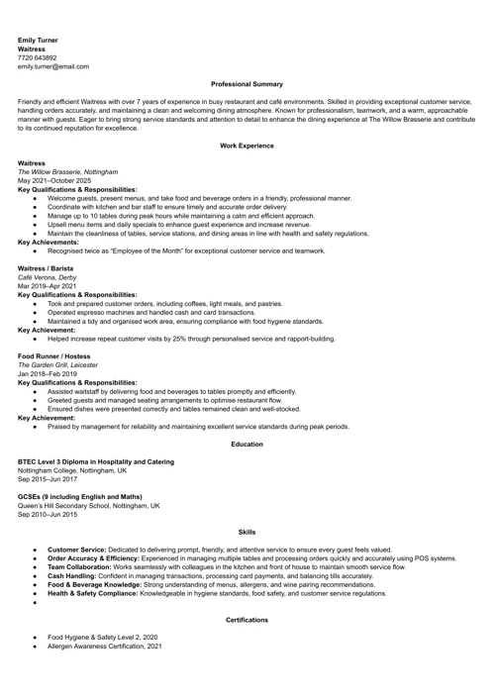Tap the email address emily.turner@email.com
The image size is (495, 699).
click(53, 66)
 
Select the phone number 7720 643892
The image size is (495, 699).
click(38, 57)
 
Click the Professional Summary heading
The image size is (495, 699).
click(247, 84)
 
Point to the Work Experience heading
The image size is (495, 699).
click(247, 146)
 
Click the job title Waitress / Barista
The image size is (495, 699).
click(49, 268)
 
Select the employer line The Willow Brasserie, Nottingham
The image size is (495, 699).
click(68, 171)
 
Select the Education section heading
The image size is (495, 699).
click(247, 444)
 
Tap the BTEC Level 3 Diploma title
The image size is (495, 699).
click(96, 461)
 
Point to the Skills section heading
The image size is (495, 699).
click(247, 532)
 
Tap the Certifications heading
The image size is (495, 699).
click(247, 620)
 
